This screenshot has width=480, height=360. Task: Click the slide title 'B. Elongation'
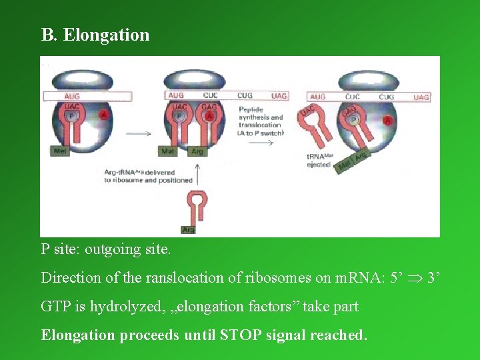click(95, 35)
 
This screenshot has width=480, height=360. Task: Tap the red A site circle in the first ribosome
click(104, 115)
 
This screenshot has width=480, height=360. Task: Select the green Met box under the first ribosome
click(59, 151)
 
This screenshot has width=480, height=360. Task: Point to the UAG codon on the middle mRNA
click(279, 96)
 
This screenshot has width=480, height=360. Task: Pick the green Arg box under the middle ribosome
click(197, 151)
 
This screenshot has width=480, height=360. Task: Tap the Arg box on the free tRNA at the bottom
click(189, 229)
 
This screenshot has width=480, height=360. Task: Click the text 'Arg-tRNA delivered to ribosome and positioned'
click(148, 176)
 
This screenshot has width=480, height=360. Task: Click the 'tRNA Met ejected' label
click(318, 160)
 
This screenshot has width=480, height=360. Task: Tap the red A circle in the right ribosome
click(388, 121)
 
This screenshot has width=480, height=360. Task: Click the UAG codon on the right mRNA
click(421, 97)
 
